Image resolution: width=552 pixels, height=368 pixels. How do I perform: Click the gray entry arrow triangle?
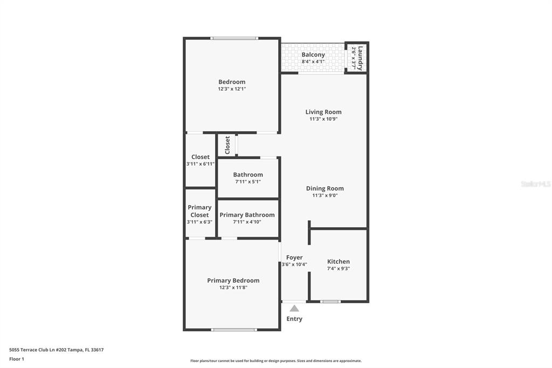click(x=294, y=309)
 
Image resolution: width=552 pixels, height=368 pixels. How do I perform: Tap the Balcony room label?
click(x=313, y=54)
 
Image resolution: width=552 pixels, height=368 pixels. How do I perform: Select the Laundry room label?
click(x=360, y=58)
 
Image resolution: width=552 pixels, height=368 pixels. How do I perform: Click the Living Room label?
click(x=323, y=112)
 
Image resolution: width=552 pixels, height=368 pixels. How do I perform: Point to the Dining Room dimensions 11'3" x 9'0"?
click(x=325, y=195)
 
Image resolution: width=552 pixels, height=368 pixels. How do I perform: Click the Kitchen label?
click(x=339, y=262)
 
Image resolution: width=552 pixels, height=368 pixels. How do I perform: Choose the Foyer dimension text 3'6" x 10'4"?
click(x=294, y=264)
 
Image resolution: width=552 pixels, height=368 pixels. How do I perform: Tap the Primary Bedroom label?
click(x=233, y=281)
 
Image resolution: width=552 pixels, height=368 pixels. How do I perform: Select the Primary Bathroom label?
click(x=247, y=215)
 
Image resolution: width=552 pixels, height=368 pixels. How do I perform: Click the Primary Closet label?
click(x=199, y=211)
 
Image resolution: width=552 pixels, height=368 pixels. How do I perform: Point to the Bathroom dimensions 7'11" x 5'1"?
click(x=248, y=182)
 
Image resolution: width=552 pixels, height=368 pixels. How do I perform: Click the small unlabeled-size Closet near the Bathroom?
click(x=227, y=145)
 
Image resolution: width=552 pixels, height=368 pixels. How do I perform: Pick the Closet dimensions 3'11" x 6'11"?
click(x=201, y=164)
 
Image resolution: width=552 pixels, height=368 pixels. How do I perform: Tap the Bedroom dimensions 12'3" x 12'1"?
click(x=232, y=89)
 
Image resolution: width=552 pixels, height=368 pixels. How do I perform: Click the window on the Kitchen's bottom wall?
click(x=330, y=302)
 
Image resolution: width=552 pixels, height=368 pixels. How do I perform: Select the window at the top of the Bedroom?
click(x=234, y=38)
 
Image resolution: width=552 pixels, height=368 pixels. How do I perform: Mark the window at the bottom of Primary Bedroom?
click(x=234, y=330)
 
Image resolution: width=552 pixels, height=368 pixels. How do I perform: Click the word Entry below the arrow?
click(x=294, y=319)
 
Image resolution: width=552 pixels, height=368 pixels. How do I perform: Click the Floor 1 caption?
click(x=17, y=359)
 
